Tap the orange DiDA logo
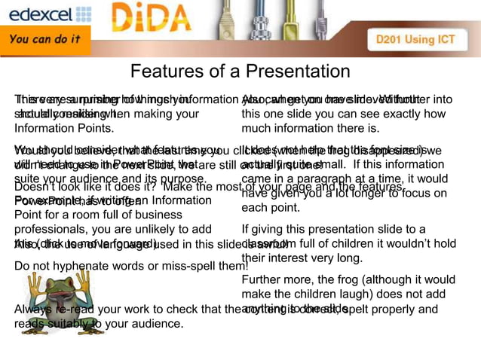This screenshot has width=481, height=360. pos(155,20)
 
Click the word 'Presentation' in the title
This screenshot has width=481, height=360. pos(295,72)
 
